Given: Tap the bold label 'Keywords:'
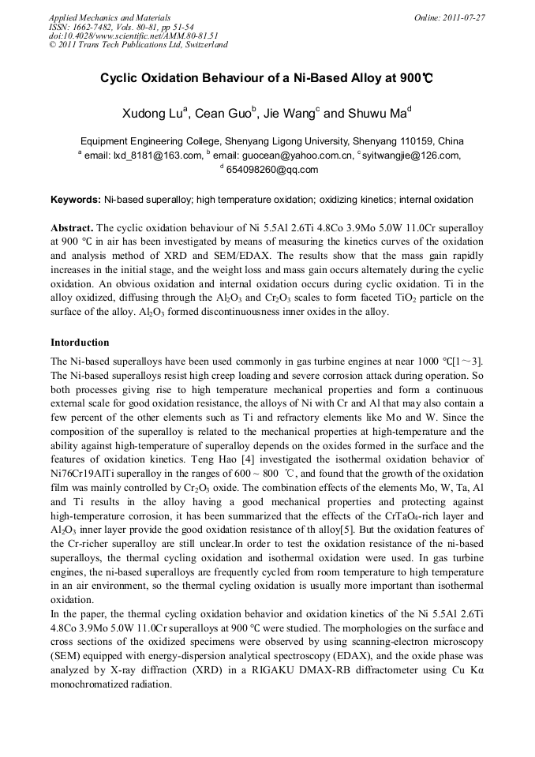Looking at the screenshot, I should [x=76, y=200].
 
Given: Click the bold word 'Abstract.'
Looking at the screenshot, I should [x=72, y=226].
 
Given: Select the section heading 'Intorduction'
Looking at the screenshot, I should [x=80, y=343].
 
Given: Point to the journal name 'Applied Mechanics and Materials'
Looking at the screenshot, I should [x=109, y=17].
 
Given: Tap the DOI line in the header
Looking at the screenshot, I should [x=133, y=36].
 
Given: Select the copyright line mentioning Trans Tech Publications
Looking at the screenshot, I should [x=138, y=45].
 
